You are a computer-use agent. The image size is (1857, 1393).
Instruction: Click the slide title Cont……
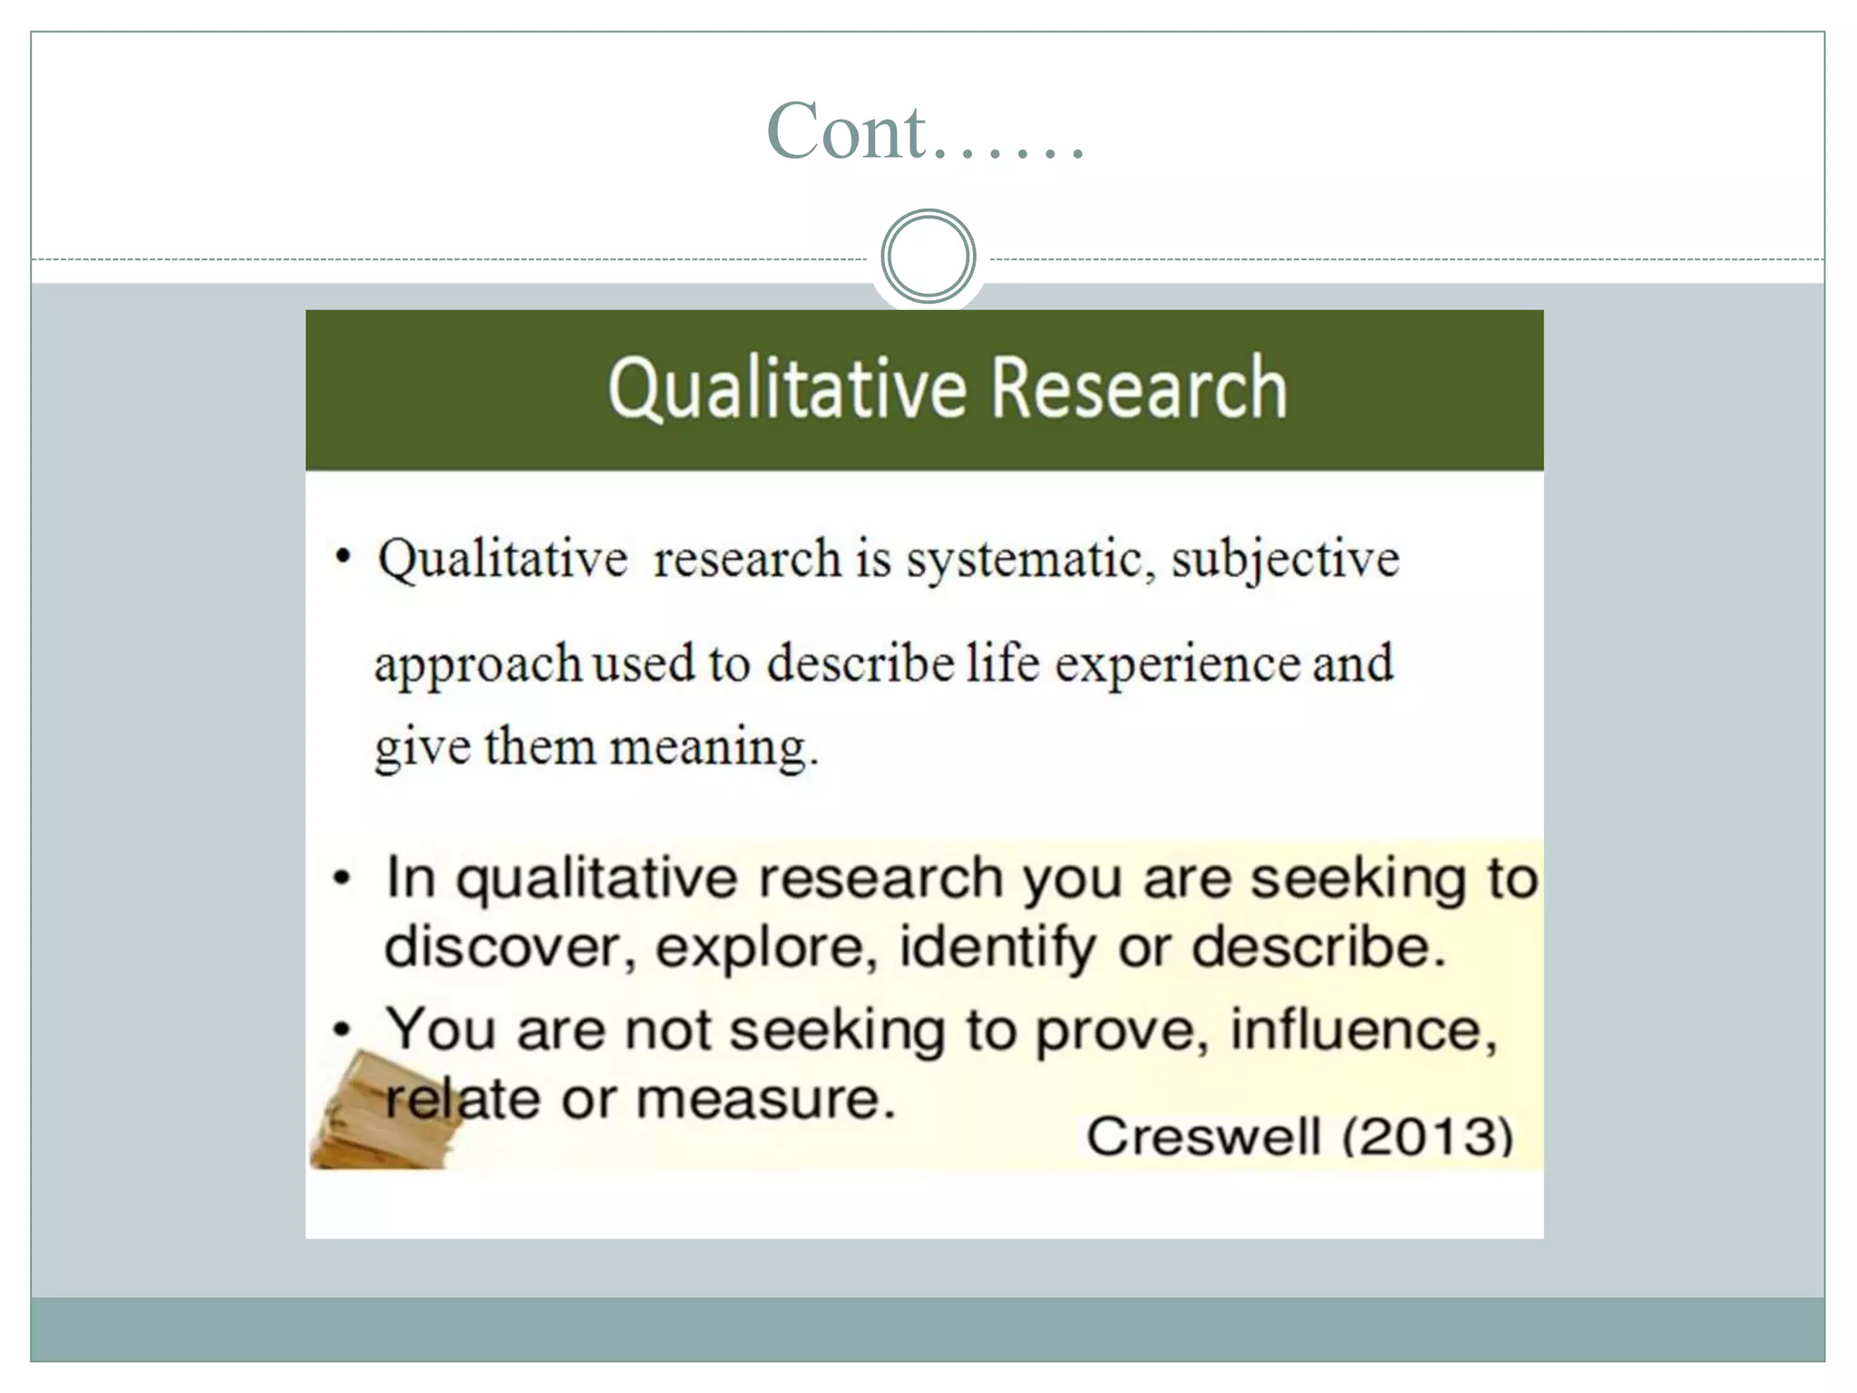point(926,132)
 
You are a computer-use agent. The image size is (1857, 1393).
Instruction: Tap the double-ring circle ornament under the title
point(928,257)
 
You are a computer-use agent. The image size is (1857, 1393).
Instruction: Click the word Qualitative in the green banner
point(787,388)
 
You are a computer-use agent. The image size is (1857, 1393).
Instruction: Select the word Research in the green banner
point(1139,388)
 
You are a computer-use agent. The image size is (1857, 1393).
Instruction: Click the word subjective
point(1285,560)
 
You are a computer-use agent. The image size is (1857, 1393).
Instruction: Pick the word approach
point(478,665)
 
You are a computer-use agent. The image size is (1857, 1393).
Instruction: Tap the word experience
point(1176,665)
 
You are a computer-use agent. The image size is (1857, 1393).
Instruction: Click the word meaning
point(713,748)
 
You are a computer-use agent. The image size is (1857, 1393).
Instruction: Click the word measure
point(765,1099)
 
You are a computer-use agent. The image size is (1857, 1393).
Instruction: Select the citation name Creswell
point(1203,1136)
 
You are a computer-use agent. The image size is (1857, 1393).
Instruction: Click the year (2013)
point(1428,1136)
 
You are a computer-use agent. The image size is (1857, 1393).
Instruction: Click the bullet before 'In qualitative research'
point(342,878)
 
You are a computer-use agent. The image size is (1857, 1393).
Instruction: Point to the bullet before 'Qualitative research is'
point(342,556)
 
